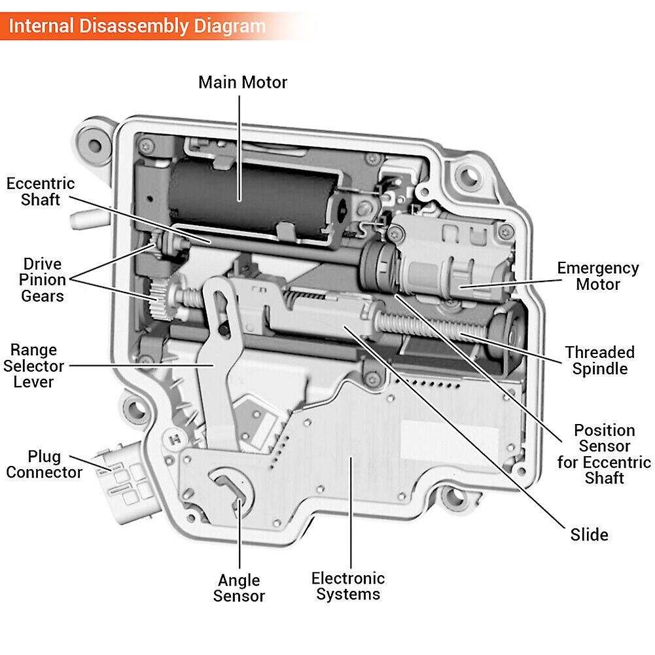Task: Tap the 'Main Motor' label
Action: (243, 82)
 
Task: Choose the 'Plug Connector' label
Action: (44, 464)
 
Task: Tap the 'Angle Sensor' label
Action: (239, 588)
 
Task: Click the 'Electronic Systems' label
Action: (348, 586)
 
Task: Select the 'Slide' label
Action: (589, 535)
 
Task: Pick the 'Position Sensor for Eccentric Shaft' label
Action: (604, 454)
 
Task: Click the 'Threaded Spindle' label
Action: (599, 361)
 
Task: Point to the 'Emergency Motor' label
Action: (597, 276)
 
